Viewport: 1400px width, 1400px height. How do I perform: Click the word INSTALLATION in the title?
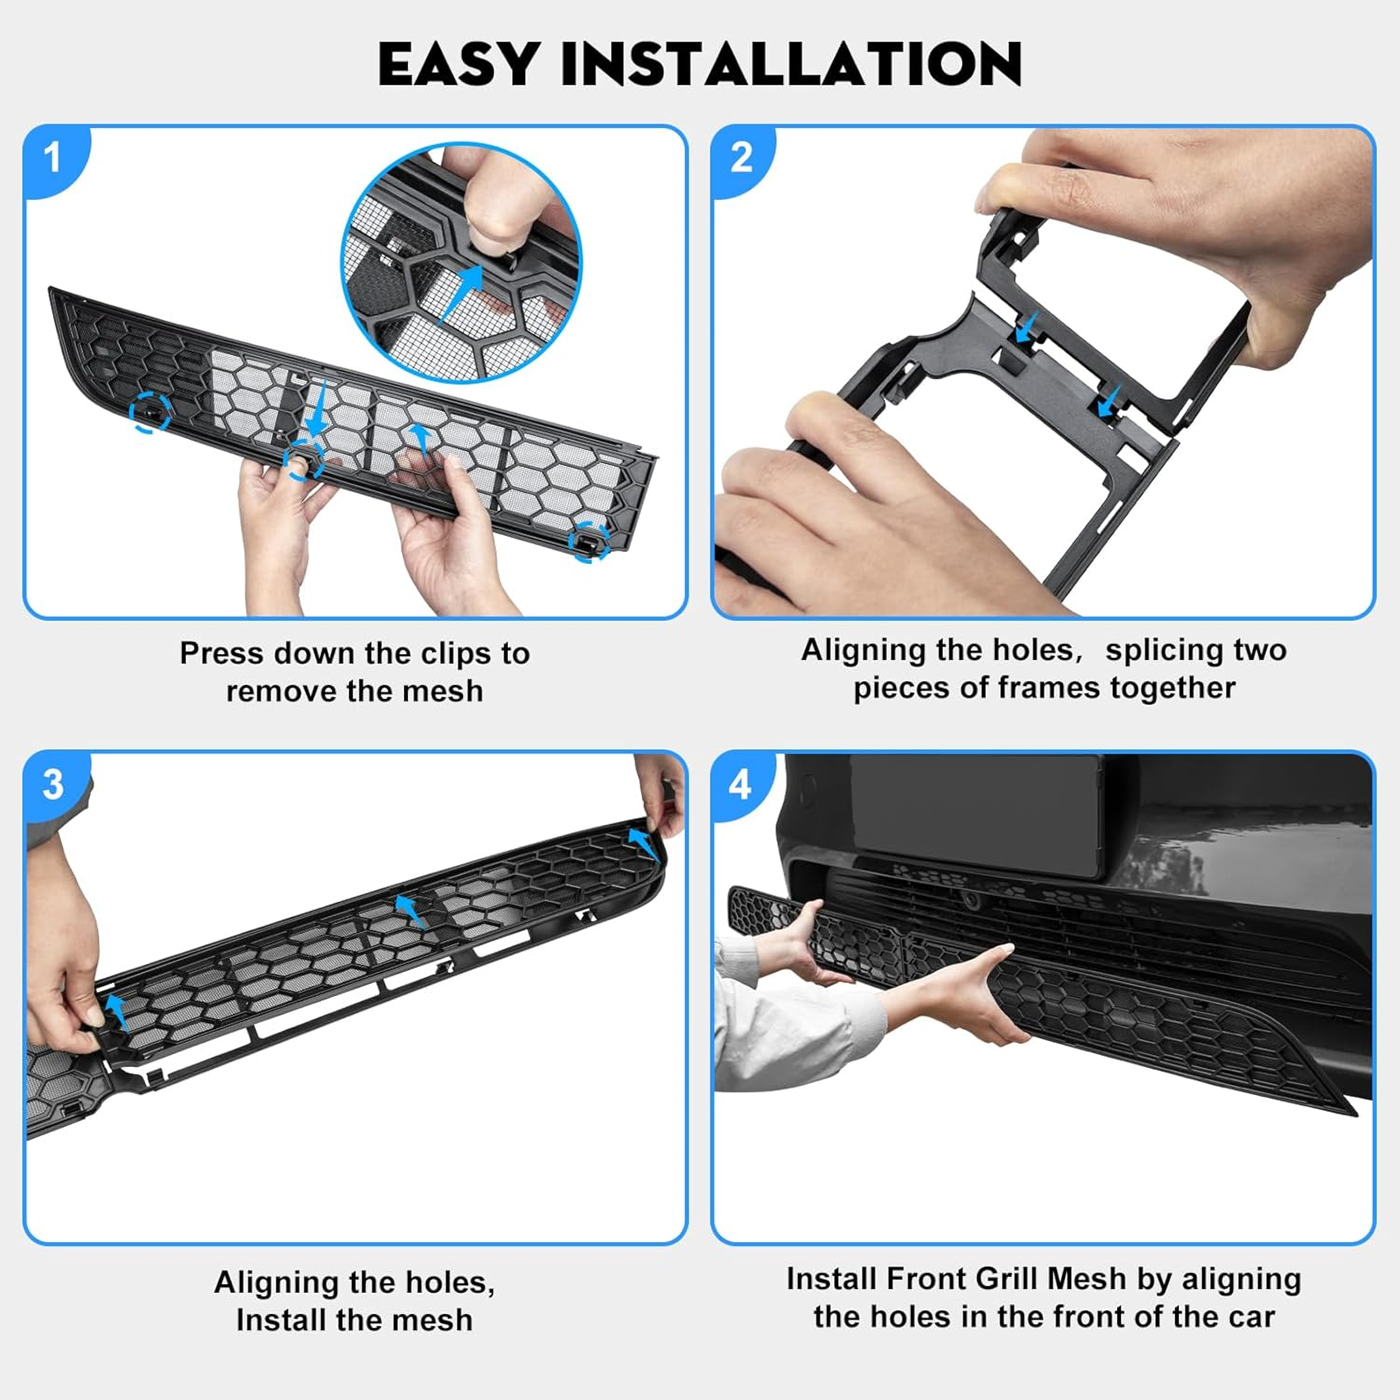pos(791,64)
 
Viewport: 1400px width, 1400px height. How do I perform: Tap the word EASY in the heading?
pos(457,64)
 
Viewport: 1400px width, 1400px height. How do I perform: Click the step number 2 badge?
pos(741,157)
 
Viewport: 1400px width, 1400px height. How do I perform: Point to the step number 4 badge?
pos(740,784)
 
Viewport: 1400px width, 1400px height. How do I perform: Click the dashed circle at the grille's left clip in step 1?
pos(149,412)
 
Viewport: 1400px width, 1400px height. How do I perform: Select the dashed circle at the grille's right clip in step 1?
pos(589,540)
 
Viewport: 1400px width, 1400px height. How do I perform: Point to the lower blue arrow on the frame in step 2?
pos(1109,403)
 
